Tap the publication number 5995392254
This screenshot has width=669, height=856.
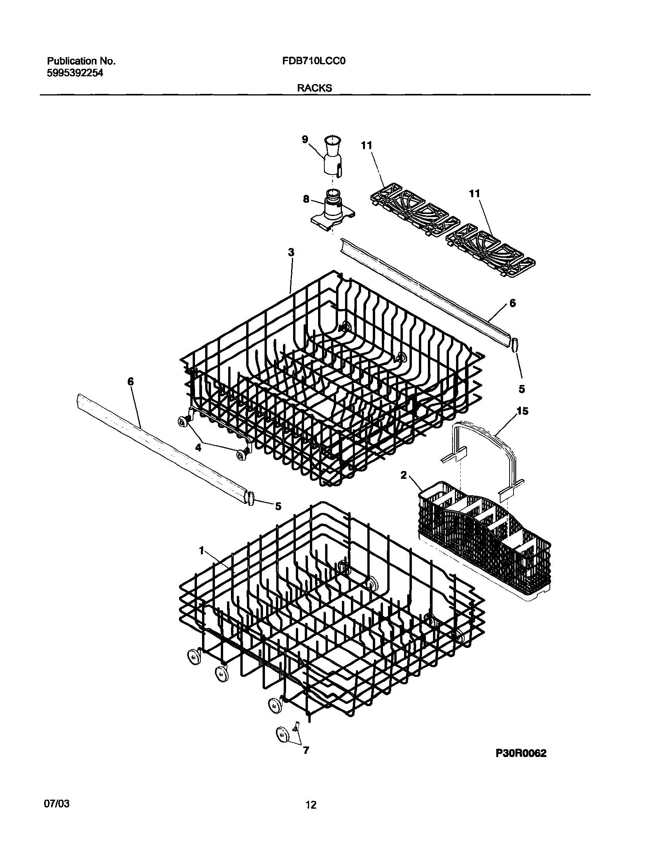75,73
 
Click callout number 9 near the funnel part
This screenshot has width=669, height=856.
305,139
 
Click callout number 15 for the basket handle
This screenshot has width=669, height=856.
522,411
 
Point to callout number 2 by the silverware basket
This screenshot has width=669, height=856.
403,475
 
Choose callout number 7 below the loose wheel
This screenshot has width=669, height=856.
306,750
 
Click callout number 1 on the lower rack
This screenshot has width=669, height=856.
201,551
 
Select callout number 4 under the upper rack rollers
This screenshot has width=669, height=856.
199,448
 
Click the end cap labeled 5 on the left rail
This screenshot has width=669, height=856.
250,498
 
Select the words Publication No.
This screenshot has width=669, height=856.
81,61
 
